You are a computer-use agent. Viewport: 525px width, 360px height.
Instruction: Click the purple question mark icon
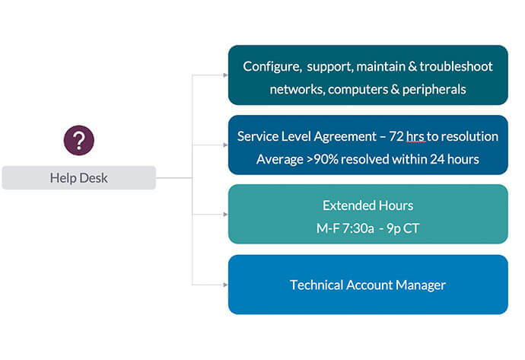coord(78,141)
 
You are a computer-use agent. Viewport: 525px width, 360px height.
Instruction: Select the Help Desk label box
coord(79,178)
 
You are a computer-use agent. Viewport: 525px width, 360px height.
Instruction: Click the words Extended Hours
coord(367,205)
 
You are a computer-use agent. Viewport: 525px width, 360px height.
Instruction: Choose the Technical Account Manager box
coord(367,285)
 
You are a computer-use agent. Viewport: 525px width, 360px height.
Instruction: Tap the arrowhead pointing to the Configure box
coord(224,75)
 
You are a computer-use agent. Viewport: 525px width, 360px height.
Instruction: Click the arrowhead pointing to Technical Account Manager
coord(224,285)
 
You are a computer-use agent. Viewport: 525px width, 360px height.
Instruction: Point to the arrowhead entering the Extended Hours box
coord(224,214)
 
